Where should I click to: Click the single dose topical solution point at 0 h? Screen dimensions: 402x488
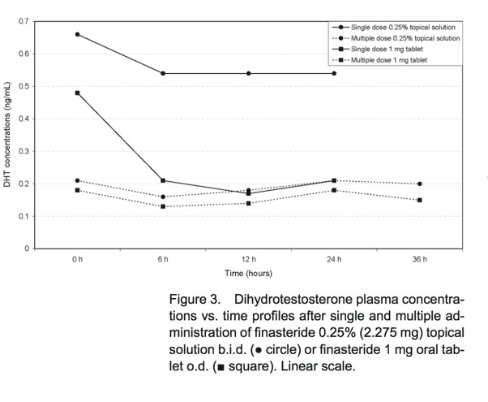coord(77,34)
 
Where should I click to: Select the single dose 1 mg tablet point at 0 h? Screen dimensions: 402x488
coord(77,93)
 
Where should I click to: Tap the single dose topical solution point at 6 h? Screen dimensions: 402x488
coord(163,73)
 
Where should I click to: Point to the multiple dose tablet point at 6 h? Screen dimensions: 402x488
coord(163,206)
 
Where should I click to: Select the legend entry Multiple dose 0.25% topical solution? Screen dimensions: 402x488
coord(405,38)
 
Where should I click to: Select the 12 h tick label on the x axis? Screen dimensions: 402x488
coord(249,259)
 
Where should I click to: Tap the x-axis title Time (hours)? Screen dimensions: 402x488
coord(249,274)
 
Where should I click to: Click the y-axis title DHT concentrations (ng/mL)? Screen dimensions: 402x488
coord(7,135)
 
